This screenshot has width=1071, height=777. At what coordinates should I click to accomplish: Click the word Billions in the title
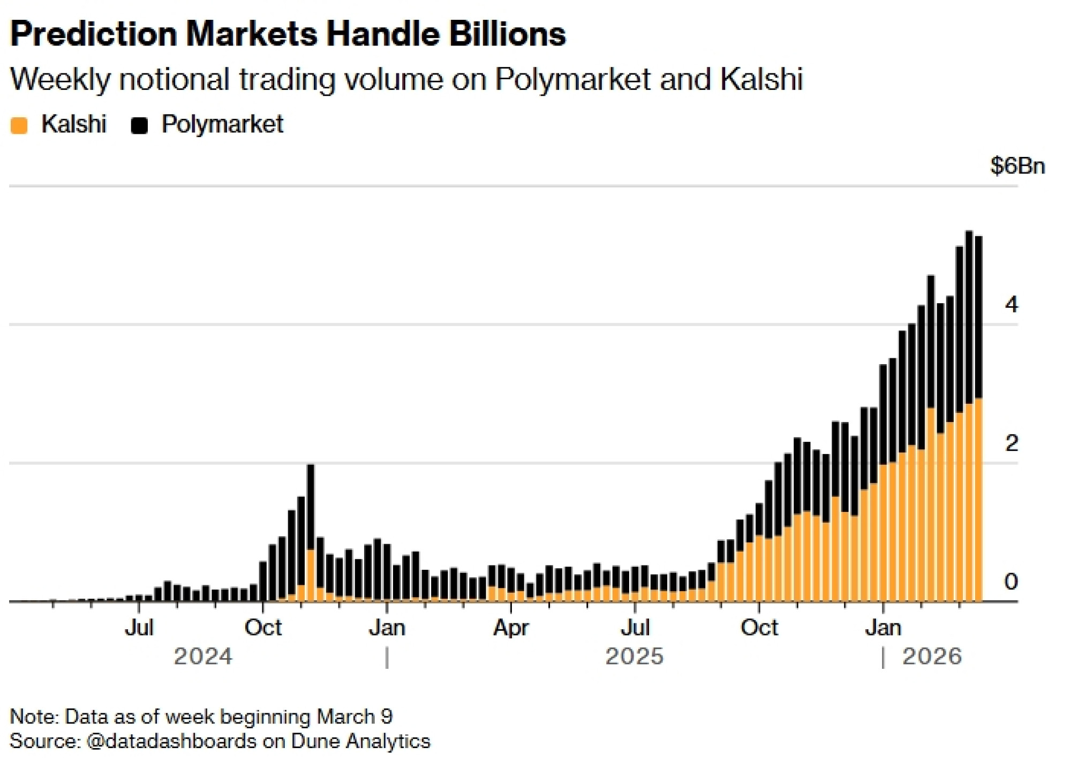[x=507, y=34]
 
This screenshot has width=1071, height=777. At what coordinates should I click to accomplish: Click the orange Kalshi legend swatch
[x=19, y=125]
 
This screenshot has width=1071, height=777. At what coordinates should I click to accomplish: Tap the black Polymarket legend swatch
[x=139, y=125]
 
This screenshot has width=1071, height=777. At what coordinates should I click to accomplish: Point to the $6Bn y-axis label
[x=1017, y=166]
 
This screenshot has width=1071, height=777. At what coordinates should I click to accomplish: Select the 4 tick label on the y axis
[x=1011, y=305]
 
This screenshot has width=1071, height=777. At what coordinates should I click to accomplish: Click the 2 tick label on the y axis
[x=1011, y=443]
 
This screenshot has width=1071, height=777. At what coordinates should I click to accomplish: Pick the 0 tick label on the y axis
[x=1011, y=582]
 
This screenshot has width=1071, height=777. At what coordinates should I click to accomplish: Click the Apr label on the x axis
[x=511, y=628]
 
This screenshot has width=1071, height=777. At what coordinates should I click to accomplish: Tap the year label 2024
[x=203, y=657]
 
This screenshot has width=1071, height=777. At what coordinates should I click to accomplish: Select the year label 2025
[x=634, y=657]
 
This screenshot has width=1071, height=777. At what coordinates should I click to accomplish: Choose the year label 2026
[x=932, y=657]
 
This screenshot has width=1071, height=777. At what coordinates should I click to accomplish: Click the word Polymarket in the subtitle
[x=572, y=80]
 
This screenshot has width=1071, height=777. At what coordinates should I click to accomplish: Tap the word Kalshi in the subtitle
[x=761, y=80]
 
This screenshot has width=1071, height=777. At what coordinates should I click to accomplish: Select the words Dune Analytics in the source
[x=360, y=742]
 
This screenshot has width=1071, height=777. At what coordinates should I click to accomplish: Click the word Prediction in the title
[x=94, y=34]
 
